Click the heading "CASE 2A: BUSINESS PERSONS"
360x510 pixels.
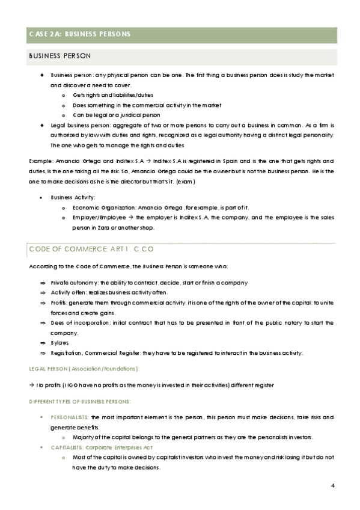79,34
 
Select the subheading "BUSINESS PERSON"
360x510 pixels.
60,56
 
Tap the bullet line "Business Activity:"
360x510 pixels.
73,197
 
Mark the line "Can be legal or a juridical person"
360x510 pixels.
117,114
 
